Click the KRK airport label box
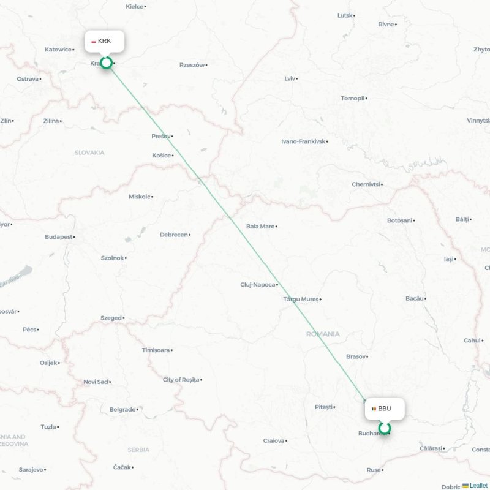tap(104, 41)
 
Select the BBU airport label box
tap(385, 409)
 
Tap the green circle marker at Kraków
tap(107, 62)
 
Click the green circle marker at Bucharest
tap(385, 428)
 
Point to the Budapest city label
tap(59, 236)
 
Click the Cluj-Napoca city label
tap(258, 285)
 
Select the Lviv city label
tap(290, 78)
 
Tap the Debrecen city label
tap(174, 235)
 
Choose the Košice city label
tap(162, 156)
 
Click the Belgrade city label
tap(123, 409)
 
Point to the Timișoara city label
tap(156, 350)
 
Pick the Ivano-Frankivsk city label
tap(303, 141)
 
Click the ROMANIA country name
tap(323, 334)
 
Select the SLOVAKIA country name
tap(89, 153)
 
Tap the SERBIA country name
tap(138, 450)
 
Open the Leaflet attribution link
tap(478, 485)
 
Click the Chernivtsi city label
tap(366, 184)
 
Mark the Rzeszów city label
tap(192, 65)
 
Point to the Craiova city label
tap(274, 440)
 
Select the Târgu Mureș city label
tap(301, 300)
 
